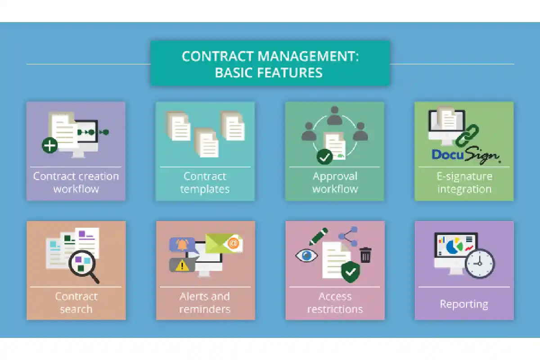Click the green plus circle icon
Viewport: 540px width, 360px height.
pyautogui.click(x=49, y=145)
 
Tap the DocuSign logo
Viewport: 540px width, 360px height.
pyautogui.click(x=465, y=155)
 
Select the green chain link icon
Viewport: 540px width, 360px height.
pyautogui.click(x=467, y=135)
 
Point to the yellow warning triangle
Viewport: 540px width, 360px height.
pyautogui.click(x=182, y=265)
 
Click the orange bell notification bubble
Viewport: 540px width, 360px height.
pyautogui.click(x=182, y=245)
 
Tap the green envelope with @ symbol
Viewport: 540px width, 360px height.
pyautogui.click(x=224, y=243)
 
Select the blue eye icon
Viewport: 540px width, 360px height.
pyautogui.click(x=306, y=256)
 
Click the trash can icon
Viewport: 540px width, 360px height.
pyautogui.click(x=365, y=255)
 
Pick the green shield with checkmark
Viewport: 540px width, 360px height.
pyautogui.click(x=350, y=272)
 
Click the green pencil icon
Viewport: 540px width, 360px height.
pyautogui.click(x=318, y=237)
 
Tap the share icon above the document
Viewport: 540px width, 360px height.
pyautogui.click(x=348, y=236)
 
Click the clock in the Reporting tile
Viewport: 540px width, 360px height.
pyautogui.click(x=480, y=264)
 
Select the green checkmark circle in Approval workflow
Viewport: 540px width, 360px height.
pyautogui.click(x=324, y=157)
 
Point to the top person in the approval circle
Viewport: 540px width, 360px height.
pyautogui.click(x=335, y=116)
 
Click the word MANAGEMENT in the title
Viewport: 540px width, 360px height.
pyautogui.click(x=306, y=56)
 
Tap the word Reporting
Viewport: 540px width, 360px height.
pyautogui.click(x=464, y=304)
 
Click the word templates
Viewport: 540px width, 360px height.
pyautogui.click(x=205, y=189)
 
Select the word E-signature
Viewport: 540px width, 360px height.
pyautogui.click(x=464, y=177)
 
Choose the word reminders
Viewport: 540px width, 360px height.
pyautogui.click(x=205, y=309)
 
